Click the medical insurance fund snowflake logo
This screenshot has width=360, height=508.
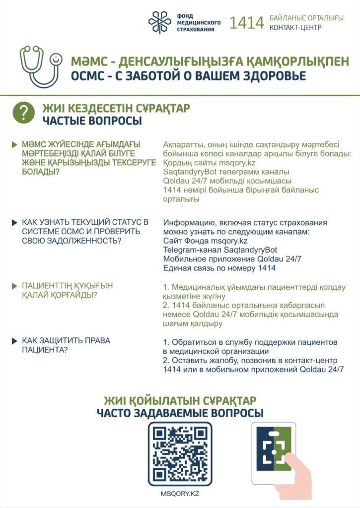pos(160,22)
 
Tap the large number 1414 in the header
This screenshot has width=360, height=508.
pos(246,23)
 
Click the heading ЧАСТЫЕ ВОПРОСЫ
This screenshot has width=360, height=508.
pos(92,121)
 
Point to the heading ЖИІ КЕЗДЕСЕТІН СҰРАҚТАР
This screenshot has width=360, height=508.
pos(116,108)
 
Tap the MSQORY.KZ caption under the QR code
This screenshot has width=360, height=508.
pos(180,494)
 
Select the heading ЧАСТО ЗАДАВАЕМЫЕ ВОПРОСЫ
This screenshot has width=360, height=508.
pos(180,413)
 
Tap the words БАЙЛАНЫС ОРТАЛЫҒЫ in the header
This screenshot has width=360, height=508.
pos(306,18)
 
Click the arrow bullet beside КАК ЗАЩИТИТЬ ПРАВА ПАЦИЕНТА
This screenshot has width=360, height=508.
pos(15,341)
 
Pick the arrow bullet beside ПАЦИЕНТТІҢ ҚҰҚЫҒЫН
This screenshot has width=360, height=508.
pos(15,286)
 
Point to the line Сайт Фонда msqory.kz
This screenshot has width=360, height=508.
pos(205,241)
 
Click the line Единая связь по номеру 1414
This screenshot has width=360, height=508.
pos(219,268)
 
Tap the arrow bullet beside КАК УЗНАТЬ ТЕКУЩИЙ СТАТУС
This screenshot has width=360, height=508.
pos(15,223)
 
